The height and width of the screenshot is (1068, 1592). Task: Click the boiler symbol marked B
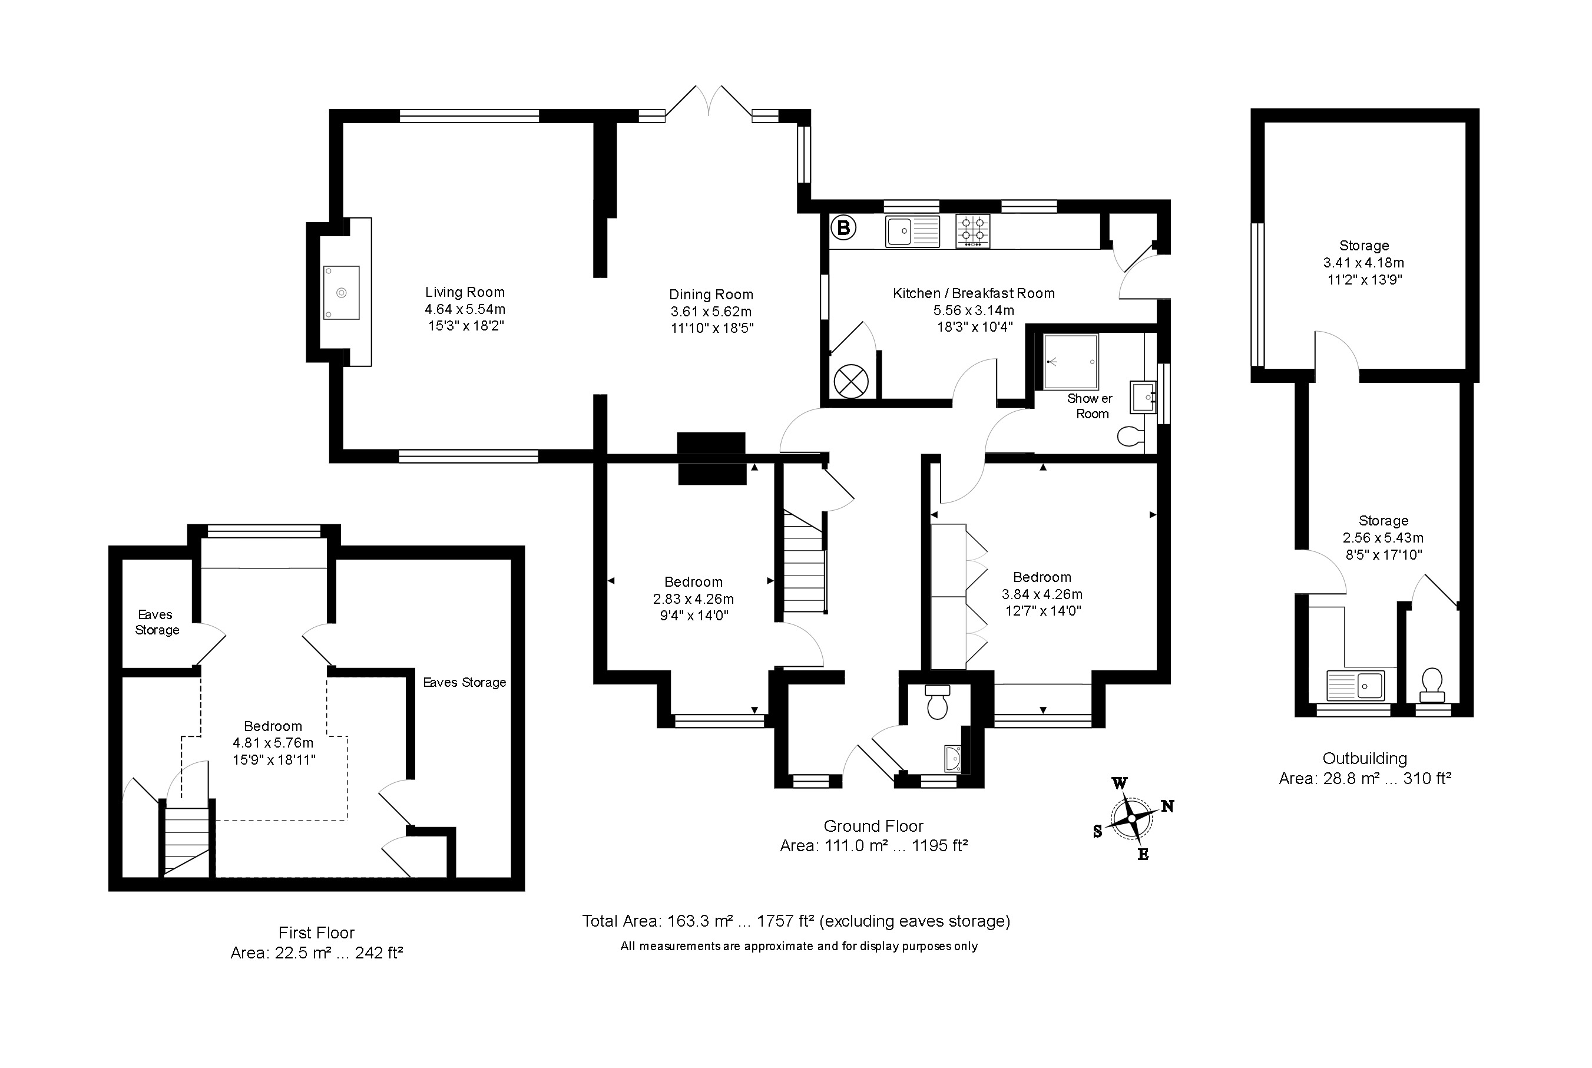(843, 227)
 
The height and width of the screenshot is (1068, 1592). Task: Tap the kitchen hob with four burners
(972, 231)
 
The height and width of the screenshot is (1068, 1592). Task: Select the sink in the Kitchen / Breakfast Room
(912, 231)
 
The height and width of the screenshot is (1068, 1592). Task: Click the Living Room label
(465, 292)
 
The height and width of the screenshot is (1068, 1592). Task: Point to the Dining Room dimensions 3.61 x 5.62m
(711, 311)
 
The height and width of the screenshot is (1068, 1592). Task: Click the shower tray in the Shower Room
(1070, 361)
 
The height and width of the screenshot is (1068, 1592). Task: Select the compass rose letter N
(1167, 806)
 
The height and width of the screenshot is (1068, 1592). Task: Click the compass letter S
(1097, 831)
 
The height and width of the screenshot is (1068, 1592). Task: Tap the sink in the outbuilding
(1355, 685)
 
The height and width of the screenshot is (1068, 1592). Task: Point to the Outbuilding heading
(1365, 759)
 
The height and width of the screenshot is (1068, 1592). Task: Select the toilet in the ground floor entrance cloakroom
(938, 702)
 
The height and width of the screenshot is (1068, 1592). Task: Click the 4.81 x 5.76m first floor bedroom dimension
(273, 743)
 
